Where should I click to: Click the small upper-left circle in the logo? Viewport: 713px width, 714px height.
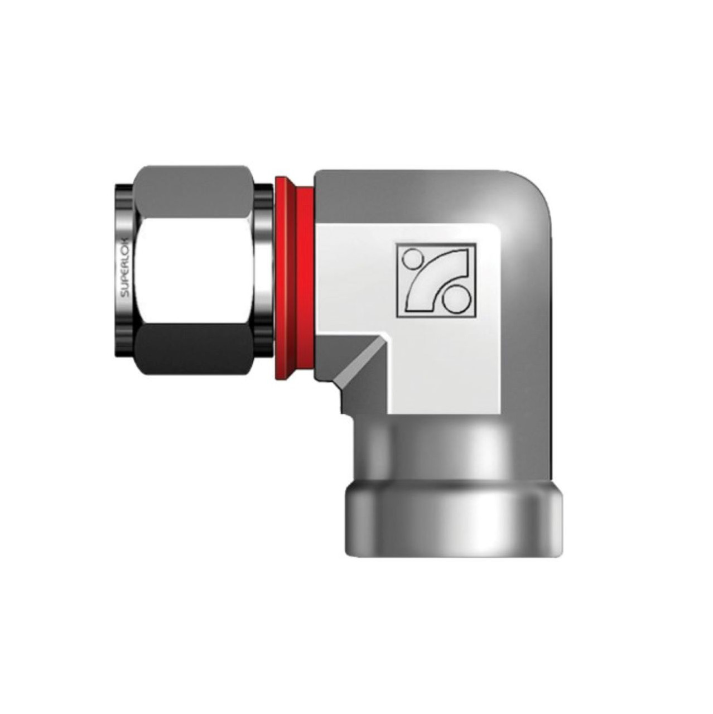pos(412,259)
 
